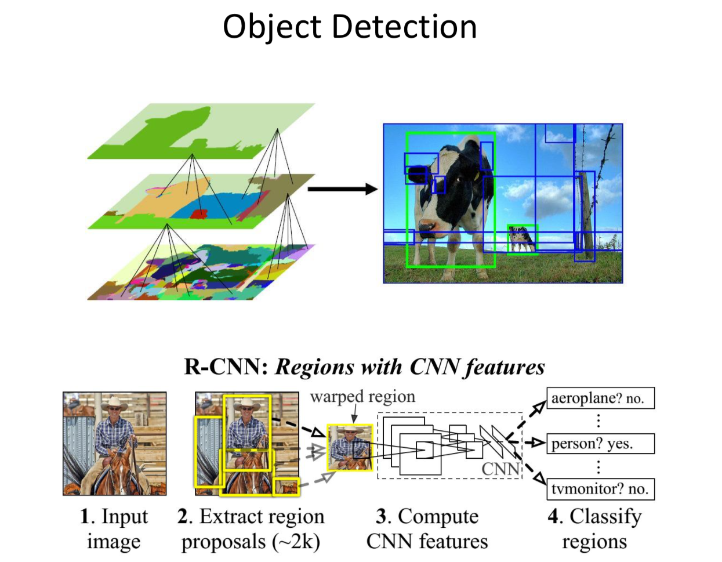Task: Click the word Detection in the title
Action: [404, 27]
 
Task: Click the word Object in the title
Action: [271, 27]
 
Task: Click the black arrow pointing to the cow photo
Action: [342, 188]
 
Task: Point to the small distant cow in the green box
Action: [522, 239]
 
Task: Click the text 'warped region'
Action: [362, 397]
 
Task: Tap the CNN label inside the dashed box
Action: [500, 469]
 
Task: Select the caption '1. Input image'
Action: [114, 528]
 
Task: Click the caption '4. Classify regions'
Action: [594, 528]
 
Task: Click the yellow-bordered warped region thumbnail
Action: [350, 447]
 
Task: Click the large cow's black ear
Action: [416, 173]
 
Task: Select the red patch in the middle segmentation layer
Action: [199, 214]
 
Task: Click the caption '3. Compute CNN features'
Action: [427, 528]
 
